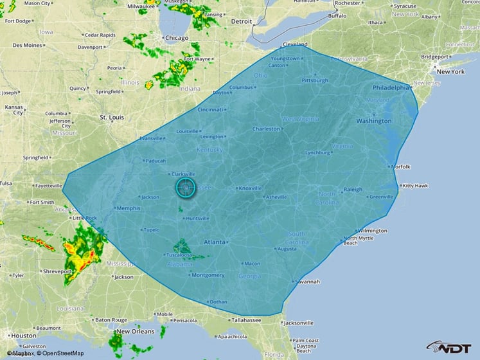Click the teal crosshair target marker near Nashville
(186, 187)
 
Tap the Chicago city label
(177, 38)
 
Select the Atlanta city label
(215, 242)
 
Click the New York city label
(450, 71)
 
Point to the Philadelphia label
(391, 87)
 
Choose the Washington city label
(373, 121)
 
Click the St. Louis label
(112, 118)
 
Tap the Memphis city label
(127, 208)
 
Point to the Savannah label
(307, 282)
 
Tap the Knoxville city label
(250, 188)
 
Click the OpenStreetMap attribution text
(60, 353)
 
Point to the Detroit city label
(242, 21)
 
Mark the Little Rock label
(85, 218)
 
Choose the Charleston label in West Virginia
(266, 129)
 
